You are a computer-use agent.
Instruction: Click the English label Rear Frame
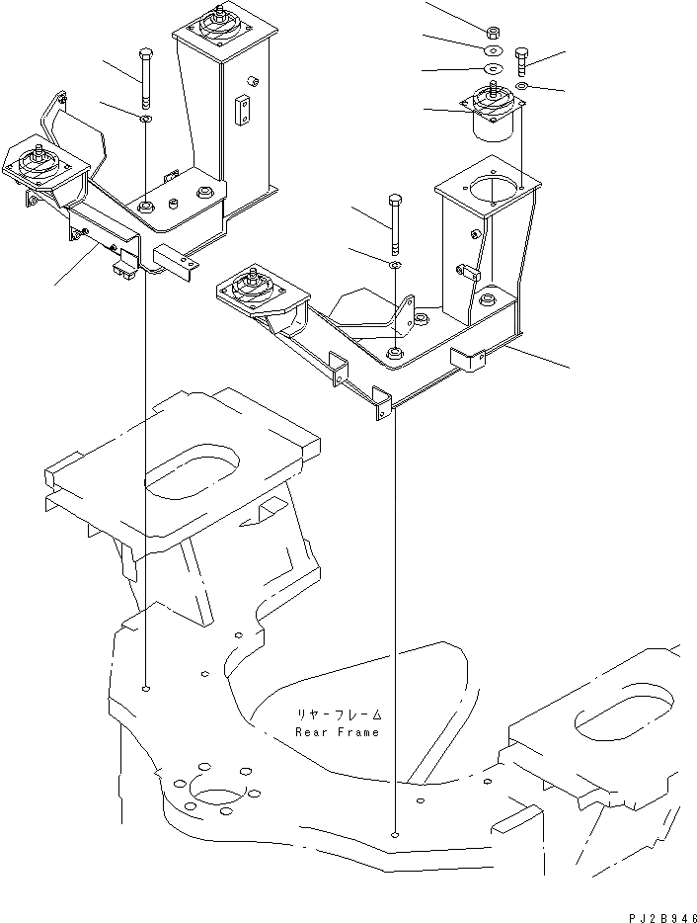pos(337,731)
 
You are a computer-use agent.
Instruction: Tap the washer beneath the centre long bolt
pos(395,266)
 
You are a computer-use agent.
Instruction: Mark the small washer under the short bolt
pos(522,87)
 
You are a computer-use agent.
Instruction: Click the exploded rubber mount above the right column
pos(490,109)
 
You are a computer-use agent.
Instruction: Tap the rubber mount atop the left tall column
pos(217,24)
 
